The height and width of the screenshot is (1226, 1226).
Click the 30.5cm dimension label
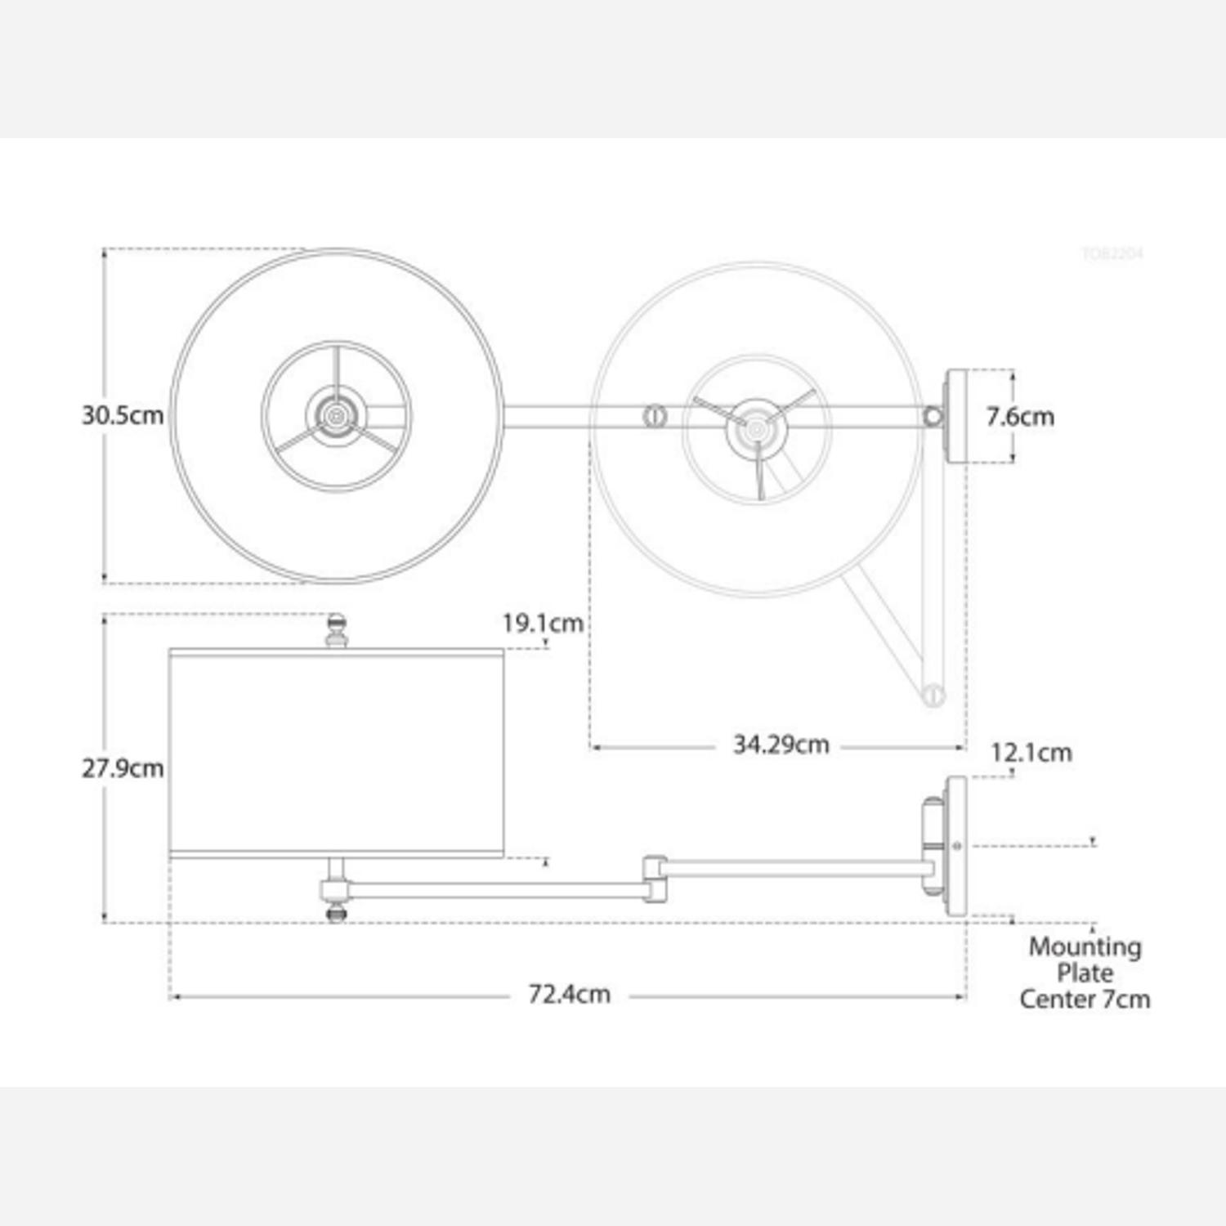point(123,415)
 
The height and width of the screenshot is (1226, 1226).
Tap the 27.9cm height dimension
point(123,768)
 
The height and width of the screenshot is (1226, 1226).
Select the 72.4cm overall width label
point(569,995)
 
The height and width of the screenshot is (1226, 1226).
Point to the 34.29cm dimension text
point(781,745)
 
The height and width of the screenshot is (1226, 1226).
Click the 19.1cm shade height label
point(543,624)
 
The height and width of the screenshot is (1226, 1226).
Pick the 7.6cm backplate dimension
point(1019,416)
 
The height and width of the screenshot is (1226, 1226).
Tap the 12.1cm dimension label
point(1031,752)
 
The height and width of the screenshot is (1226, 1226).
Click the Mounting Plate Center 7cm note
point(1085,973)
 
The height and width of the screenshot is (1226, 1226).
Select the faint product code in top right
point(1112,253)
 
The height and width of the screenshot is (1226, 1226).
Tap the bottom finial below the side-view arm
point(336,912)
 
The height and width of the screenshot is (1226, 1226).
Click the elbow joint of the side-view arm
point(655,879)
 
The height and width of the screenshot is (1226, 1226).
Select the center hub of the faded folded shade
point(757,427)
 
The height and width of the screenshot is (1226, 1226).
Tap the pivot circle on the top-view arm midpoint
point(655,416)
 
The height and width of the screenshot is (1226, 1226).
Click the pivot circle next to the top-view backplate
point(933,417)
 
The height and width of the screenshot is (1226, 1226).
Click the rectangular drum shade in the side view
point(336,752)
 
